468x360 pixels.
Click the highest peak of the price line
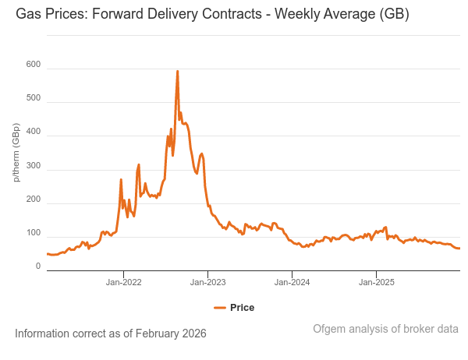tap(177, 71)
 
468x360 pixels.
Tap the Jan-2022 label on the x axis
tap(123, 281)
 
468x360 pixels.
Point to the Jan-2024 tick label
tap(292, 281)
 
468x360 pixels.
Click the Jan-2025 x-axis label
tap(376, 281)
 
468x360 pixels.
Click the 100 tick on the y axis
tap(33, 234)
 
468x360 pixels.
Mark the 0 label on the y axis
tap(37, 266)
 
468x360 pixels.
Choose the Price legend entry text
tap(242, 308)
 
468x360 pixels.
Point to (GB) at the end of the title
tap(395, 15)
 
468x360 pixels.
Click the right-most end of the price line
tap(459, 249)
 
